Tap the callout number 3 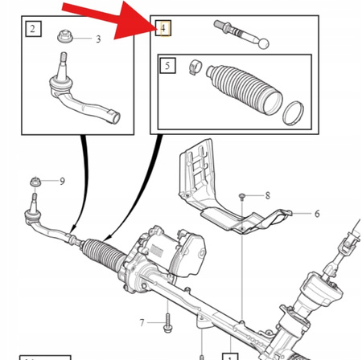[98, 39]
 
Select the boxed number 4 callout [164, 28]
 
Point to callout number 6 [317, 214]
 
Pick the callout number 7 [142, 322]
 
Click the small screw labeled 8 [241, 196]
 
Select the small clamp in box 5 [195, 67]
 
